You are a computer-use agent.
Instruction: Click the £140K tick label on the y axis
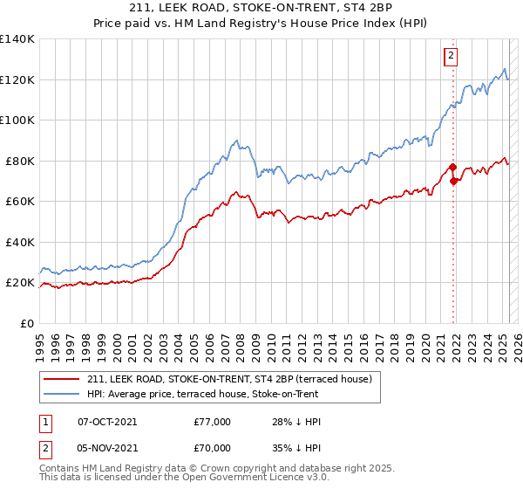(x=17, y=39)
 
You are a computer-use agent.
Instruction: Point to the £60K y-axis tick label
(x=20, y=202)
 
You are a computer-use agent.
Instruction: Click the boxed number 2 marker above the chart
(x=451, y=57)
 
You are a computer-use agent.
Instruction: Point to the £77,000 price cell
(x=213, y=422)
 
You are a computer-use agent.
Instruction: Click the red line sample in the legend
(x=61, y=378)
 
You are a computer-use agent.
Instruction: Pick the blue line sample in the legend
(x=61, y=393)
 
